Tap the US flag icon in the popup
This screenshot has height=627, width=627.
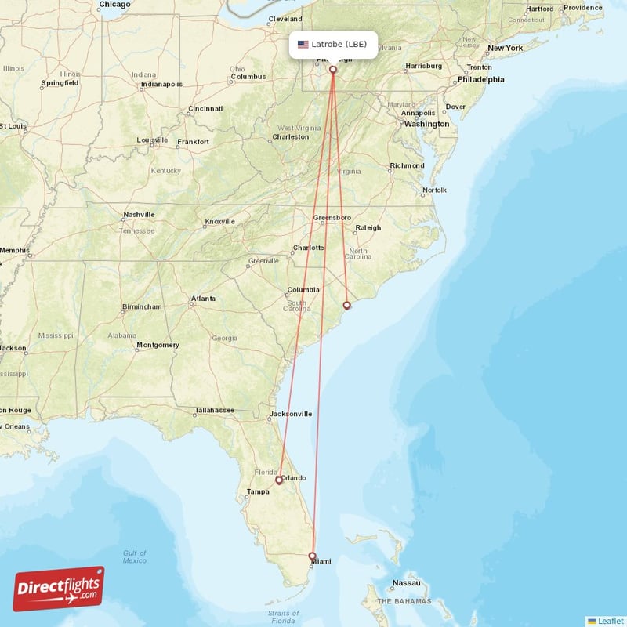303,45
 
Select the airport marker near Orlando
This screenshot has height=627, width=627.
278,480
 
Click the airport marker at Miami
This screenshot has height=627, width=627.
313,556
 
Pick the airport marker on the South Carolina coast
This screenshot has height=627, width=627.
347,305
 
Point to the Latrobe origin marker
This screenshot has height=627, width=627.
333,70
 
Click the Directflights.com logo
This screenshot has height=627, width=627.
59,589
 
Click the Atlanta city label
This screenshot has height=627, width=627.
204,299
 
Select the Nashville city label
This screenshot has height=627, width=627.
139,215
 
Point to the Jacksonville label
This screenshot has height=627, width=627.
290,414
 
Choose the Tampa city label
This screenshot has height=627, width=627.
258,492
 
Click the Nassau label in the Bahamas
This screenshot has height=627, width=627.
407,583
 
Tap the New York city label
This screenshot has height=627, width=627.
505,49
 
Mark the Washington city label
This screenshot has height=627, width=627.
427,124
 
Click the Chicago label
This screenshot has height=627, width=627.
114,5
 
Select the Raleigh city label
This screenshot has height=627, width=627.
368,228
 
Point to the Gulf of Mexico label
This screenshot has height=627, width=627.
134,556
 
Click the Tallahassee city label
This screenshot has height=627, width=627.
214,410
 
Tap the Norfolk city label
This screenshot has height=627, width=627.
434,190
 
